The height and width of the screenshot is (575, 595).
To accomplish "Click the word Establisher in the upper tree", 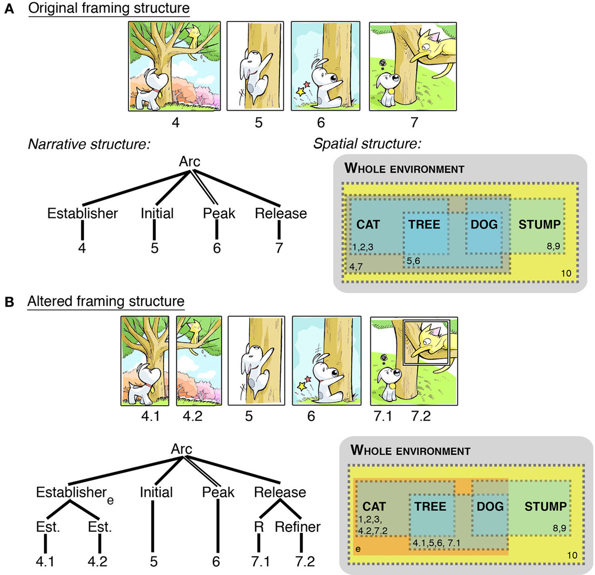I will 83,213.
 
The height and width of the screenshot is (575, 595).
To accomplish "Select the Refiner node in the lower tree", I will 297,527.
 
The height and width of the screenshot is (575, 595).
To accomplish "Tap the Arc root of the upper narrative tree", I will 189,162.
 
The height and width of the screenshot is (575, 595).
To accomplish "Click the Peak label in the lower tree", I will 218,492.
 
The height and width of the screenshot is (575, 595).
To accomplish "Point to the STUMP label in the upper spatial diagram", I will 539,225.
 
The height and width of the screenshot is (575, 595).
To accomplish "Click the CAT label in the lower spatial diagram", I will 374,506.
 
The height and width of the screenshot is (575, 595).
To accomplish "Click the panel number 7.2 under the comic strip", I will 421,416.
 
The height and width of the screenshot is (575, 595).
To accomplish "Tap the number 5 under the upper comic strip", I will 258,122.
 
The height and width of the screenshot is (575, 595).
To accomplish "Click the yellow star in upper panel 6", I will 301,92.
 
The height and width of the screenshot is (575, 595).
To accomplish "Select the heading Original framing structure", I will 109,8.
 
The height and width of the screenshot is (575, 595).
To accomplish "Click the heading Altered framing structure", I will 106,301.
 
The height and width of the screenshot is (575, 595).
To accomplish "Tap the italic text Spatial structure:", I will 367,144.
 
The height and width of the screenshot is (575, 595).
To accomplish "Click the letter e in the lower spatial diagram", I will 358,549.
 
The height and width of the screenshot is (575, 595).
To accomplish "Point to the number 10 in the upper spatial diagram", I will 566,273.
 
